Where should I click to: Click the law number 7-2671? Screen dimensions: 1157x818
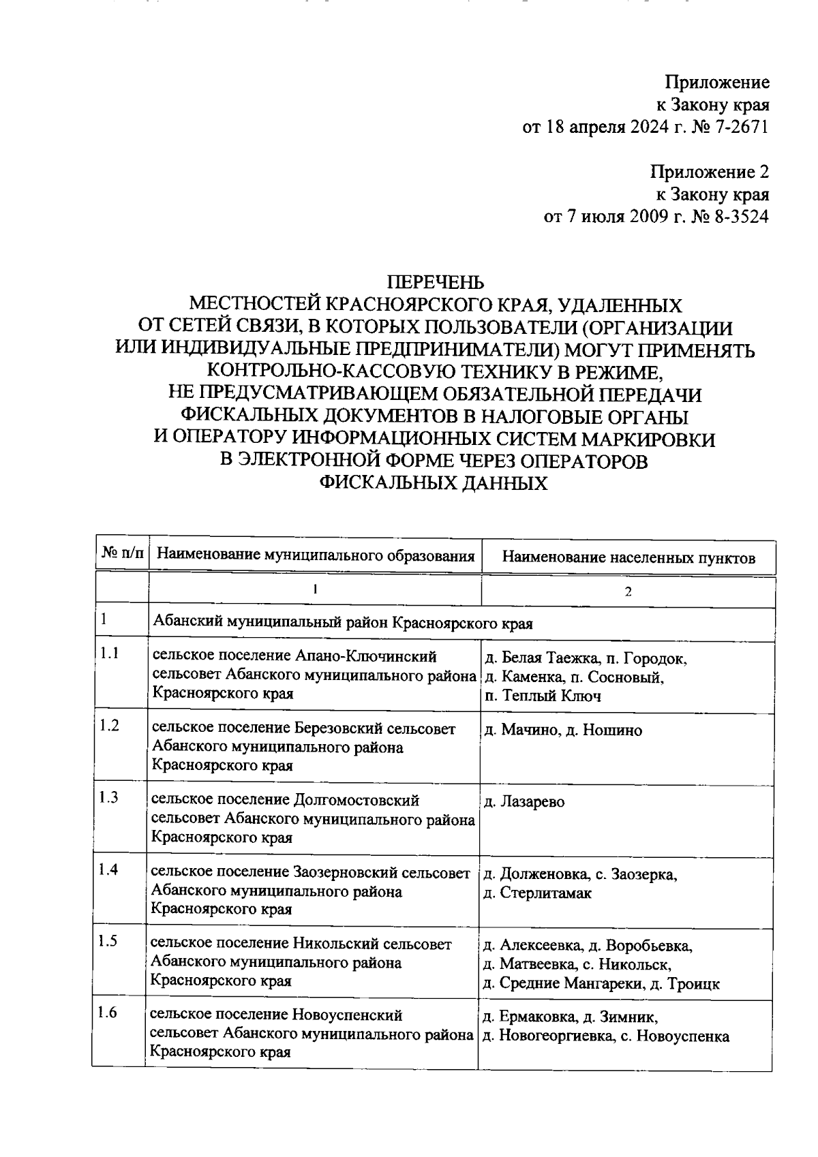point(741,127)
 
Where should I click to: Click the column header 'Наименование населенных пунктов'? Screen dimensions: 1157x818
point(628,558)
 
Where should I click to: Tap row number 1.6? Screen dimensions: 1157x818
point(108,1013)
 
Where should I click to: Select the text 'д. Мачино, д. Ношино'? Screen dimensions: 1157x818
point(562,730)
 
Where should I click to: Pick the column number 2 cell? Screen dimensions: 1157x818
point(628,591)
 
